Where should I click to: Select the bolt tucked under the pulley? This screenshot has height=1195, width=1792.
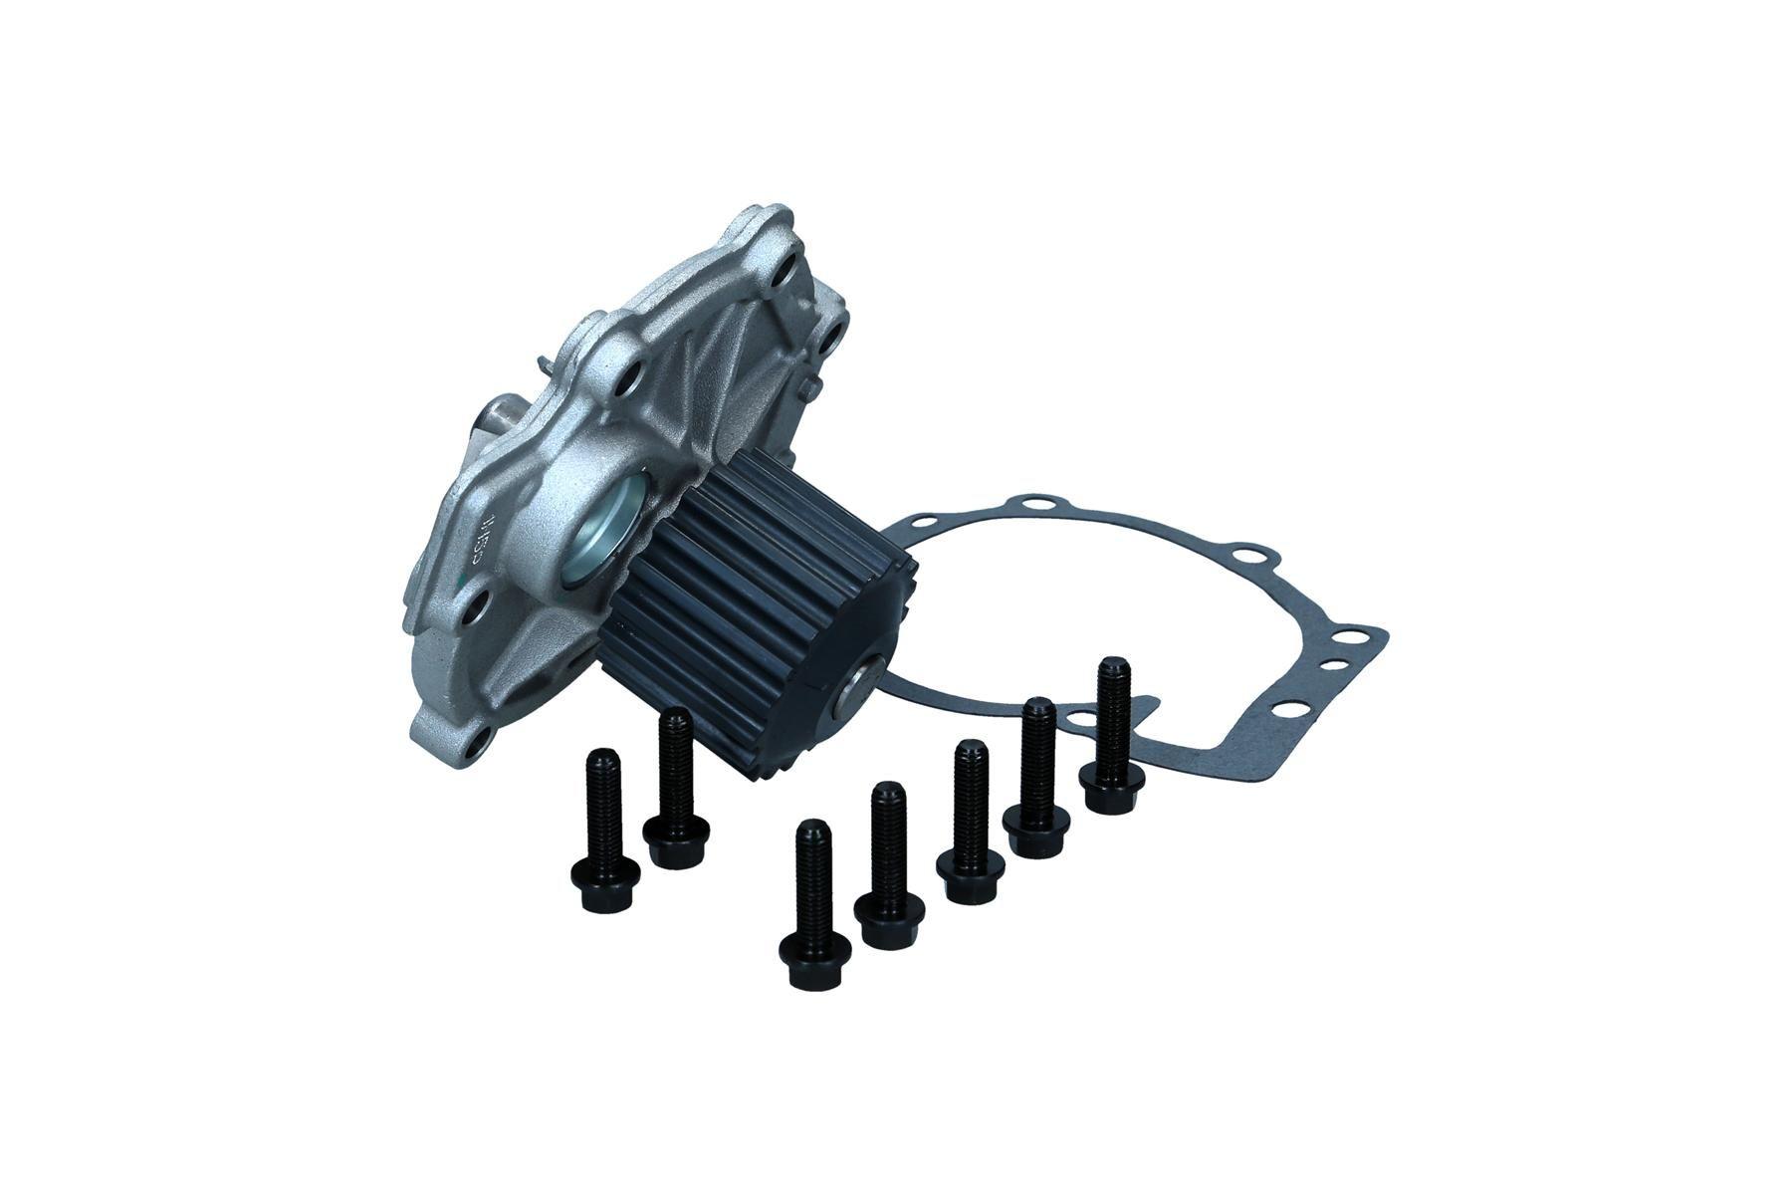click(x=676, y=787)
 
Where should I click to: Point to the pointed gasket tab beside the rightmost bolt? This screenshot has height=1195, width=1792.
click(x=1150, y=703)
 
